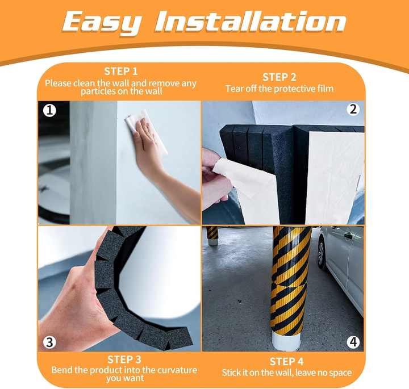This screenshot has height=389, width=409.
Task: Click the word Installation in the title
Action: [251, 22]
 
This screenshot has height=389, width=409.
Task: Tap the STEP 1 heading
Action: [120, 72]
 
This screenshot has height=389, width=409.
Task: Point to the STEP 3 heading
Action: [124, 359]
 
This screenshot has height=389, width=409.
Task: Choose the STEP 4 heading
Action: [286, 362]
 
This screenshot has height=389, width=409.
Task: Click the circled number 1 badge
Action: [50, 111]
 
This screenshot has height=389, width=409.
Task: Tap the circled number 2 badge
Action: [353, 109]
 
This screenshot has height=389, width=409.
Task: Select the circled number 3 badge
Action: [50, 342]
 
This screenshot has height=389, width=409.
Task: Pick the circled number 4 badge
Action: [353, 342]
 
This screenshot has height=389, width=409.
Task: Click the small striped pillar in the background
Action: [212, 234]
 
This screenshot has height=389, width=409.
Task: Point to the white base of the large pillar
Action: [289, 341]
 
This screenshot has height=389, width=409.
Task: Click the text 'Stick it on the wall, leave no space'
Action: [286, 373]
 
